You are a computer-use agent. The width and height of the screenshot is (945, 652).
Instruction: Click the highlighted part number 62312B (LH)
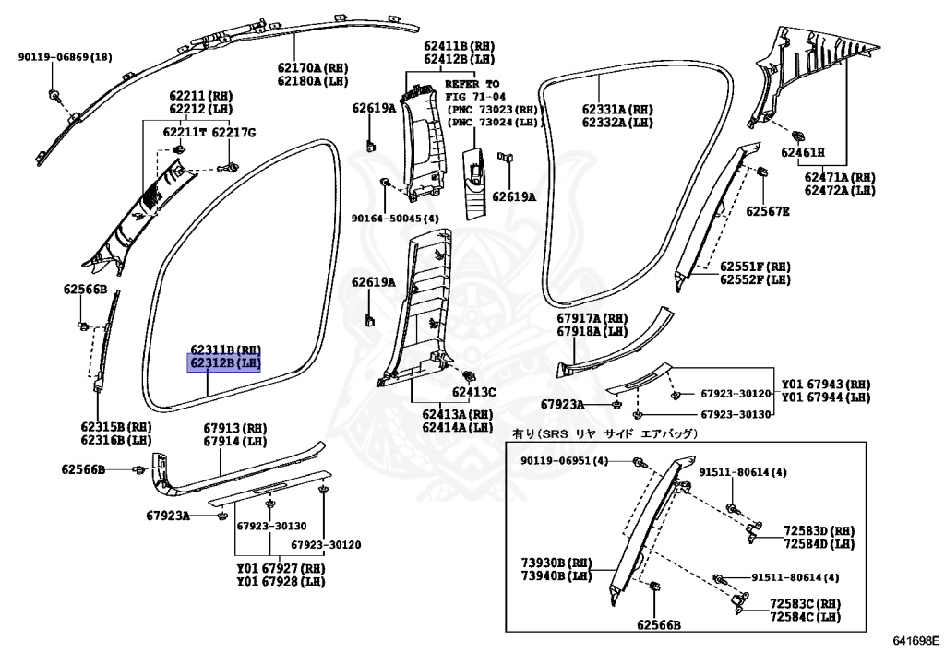pos(226,363)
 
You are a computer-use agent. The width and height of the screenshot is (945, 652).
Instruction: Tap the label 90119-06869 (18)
pos(65,57)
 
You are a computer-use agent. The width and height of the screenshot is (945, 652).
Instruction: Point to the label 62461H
pos(802,152)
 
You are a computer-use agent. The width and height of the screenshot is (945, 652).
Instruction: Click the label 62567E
pos(768,211)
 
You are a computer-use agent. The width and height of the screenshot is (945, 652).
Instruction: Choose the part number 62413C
pos(473,392)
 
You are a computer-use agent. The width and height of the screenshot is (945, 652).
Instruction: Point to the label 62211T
pos(184,133)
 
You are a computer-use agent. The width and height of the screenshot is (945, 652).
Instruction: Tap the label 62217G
pos(233,133)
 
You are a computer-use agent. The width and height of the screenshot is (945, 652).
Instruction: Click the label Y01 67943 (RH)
pos(826,384)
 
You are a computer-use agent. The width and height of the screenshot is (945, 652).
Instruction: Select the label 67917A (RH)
pos(592,318)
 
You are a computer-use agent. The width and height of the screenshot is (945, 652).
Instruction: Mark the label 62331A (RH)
pos(617,109)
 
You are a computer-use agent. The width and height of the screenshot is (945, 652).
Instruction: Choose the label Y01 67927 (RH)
pos(281,569)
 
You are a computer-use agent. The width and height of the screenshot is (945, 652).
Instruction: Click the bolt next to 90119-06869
pos(55,95)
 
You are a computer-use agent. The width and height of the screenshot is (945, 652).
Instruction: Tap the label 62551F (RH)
pos(754,265)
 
